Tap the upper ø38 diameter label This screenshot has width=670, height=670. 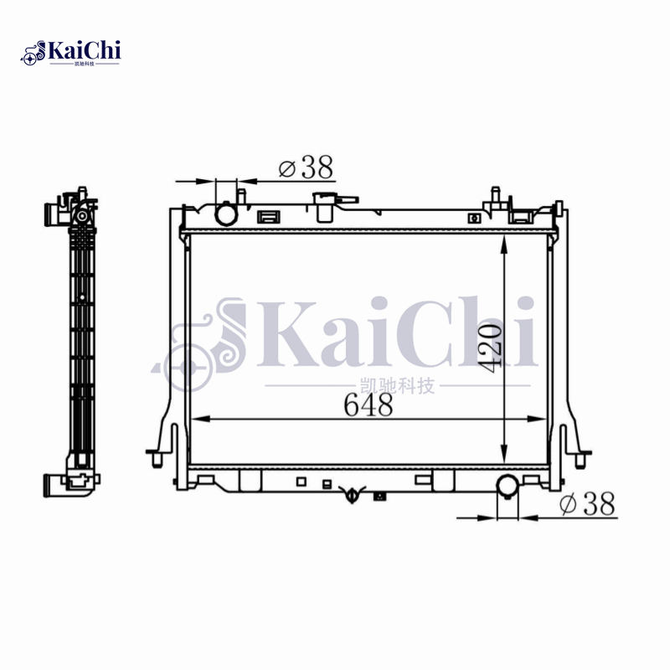click(x=306, y=167)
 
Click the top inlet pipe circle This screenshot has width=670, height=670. click(x=226, y=214)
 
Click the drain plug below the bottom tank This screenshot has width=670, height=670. click(x=353, y=496)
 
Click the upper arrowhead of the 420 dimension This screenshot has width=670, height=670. click(x=503, y=244)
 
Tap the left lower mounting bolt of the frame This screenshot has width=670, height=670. click(x=156, y=459)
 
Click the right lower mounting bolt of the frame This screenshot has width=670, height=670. click(x=580, y=459)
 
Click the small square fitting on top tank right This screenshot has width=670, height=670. click(x=476, y=219)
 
